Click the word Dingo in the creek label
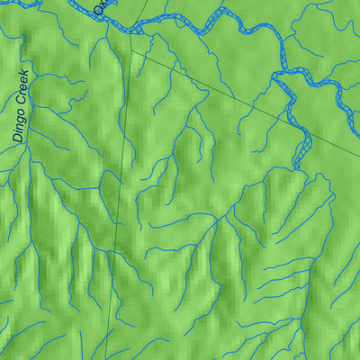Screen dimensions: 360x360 click(x=20, y=126)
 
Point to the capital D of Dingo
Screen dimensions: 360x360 click(x=19, y=139)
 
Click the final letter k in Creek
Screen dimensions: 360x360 click(x=24, y=74)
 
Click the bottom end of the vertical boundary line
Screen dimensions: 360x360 click(x=106, y=357)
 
